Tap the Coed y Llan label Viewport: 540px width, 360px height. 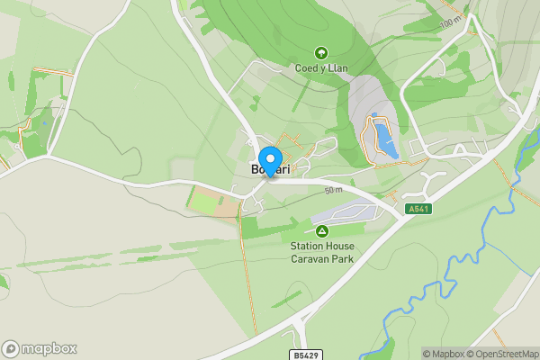(x=321, y=68)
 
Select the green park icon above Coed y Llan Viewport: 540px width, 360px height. (x=321, y=52)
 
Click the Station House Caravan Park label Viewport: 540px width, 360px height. (x=321, y=252)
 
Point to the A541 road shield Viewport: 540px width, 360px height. (x=416, y=209)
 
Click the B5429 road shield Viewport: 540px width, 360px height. (x=306, y=355)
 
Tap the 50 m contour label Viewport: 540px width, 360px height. (x=334, y=191)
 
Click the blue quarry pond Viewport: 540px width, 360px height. (x=383, y=139)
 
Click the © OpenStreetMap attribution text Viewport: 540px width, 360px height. (x=499, y=354)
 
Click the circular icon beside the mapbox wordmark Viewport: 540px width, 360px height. (x=11, y=348)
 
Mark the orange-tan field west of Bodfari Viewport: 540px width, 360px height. (x=228, y=206)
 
